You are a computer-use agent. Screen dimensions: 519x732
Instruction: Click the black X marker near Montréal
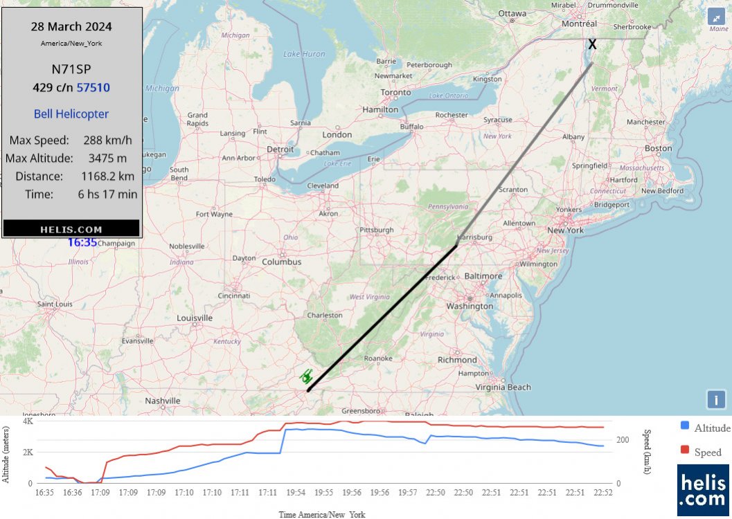tap(592, 44)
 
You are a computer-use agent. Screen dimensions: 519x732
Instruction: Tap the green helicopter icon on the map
tap(307, 376)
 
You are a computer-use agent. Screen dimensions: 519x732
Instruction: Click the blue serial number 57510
tap(93, 88)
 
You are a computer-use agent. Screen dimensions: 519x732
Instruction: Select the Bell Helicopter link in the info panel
tap(71, 114)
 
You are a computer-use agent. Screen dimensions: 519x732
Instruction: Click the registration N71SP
tap(71, 69)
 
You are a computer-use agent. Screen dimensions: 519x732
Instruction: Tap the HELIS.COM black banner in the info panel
tap(71, 229)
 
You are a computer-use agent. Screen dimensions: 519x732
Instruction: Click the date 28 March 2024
tap(71, 27)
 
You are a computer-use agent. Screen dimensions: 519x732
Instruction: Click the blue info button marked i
tap(716, 399)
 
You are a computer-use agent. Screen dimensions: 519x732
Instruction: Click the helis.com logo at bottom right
tap(704, 489)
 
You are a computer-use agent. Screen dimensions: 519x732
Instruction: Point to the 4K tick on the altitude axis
tap(28, 421)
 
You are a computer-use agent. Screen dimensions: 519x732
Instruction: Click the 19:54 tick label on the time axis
tap(296, 493)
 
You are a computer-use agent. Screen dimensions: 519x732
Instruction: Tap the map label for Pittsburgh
tap(377, 230)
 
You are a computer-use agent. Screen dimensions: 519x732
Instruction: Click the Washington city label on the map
tap(470, 306)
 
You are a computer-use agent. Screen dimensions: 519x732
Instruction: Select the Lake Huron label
tap(304, 54)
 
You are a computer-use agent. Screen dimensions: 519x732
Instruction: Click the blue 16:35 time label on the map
tap(82, 243)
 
